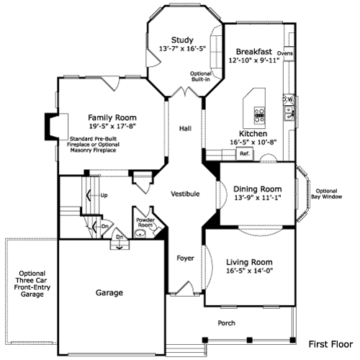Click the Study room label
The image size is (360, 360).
(182, 40)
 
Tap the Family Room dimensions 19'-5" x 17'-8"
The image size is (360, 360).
(112, 126)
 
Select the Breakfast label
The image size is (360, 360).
(254, 52)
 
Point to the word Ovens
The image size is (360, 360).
(285, 53)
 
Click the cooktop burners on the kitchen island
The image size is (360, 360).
(259, 115)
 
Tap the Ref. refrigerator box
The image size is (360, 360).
(245, 153)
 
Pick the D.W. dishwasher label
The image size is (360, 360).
(288, 99)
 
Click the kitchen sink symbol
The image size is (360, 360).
(289, 113)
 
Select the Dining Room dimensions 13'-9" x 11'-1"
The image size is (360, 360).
(258, 197)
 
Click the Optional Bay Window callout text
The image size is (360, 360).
(326, 194)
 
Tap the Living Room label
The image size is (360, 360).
(249, 262)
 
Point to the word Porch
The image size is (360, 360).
(226, 323)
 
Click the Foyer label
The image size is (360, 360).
(185, 258)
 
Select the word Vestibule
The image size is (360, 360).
(185, 194)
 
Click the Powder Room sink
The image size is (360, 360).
(140, 233)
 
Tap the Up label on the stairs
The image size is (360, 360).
(104, 196)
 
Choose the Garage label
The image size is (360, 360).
(109, 293)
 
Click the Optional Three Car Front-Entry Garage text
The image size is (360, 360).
(32, 284)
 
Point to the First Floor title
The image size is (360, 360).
(330, 344)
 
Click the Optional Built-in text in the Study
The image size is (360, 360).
(201, 76)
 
